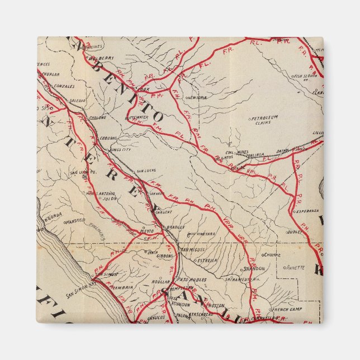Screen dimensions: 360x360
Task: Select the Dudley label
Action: click(x=294, y=231)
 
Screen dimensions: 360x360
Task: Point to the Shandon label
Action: click(x=254, y=268)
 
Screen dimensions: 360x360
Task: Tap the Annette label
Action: click(x=296, y=267)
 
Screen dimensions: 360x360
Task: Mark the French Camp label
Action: click(x=287, y=309)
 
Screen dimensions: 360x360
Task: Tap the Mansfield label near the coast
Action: click(x=75, y=221)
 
